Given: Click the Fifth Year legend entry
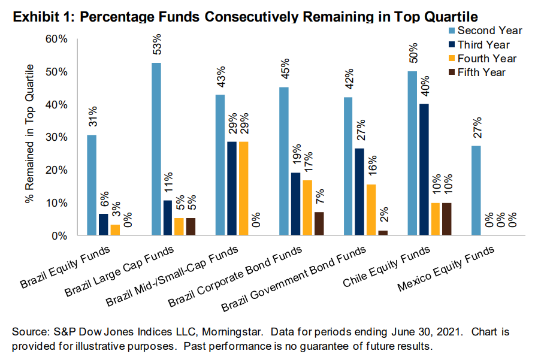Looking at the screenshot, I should [x=482, y=72].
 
